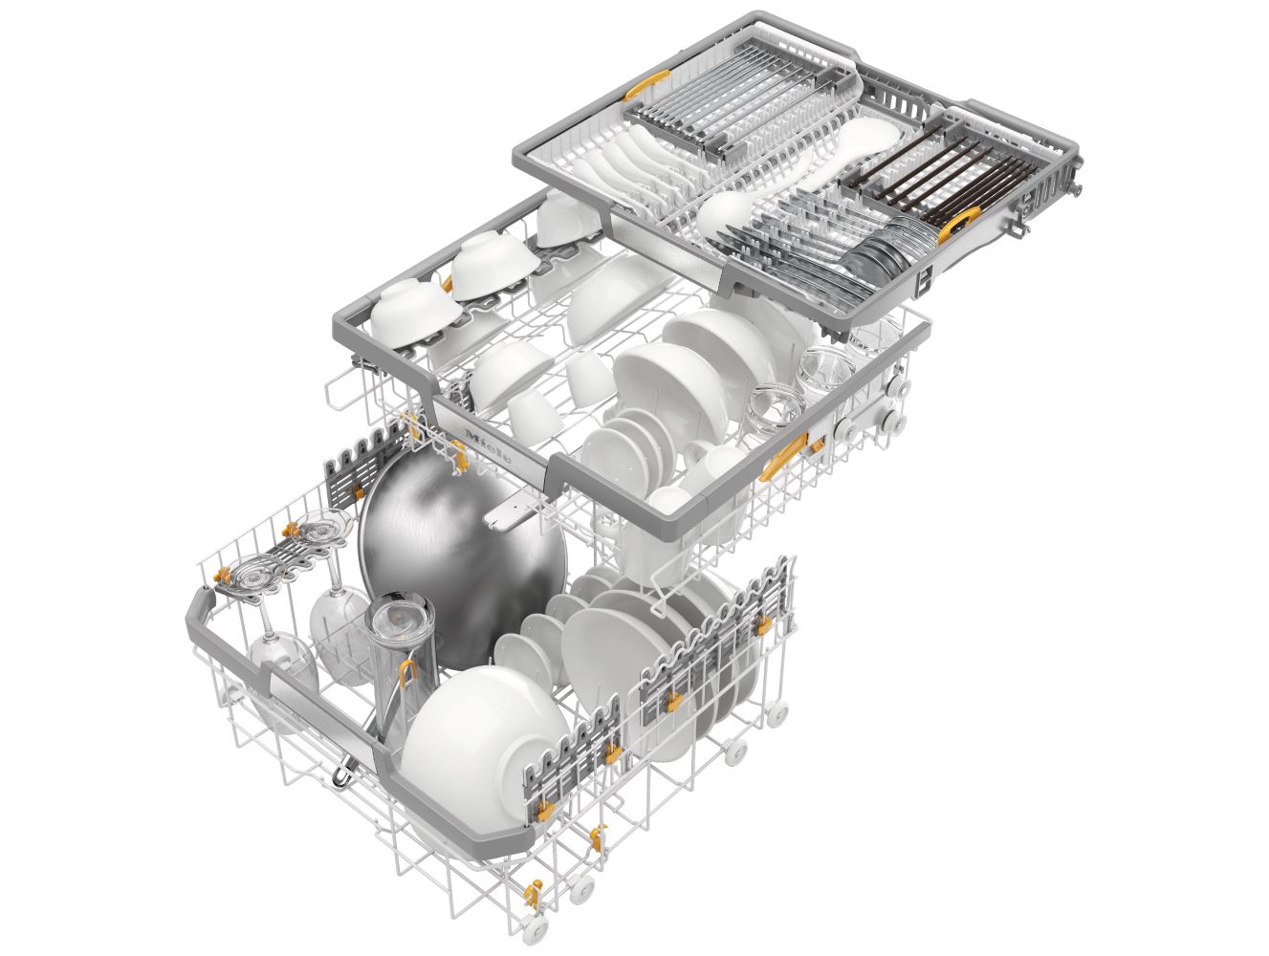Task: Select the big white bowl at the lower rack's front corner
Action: (485, 746)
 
